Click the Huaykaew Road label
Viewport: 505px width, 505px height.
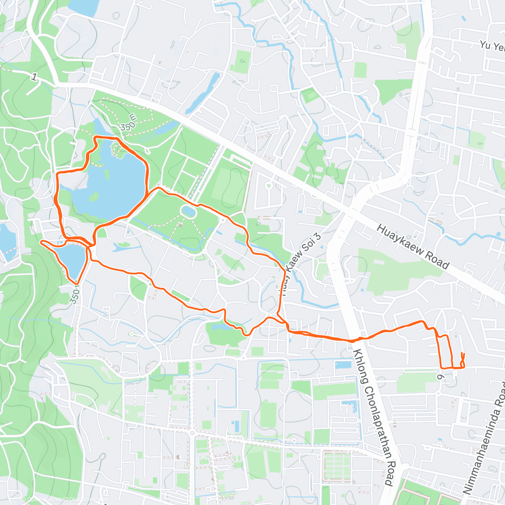tap(412, 246)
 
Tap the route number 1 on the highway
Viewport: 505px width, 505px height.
tap(34, 77)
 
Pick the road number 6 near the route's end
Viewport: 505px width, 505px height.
tap(440, 376)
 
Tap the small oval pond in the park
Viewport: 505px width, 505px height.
tap(188, 211)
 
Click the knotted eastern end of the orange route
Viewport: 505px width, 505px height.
tap(462, 360)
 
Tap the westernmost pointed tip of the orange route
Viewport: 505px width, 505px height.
tap(41, 242)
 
